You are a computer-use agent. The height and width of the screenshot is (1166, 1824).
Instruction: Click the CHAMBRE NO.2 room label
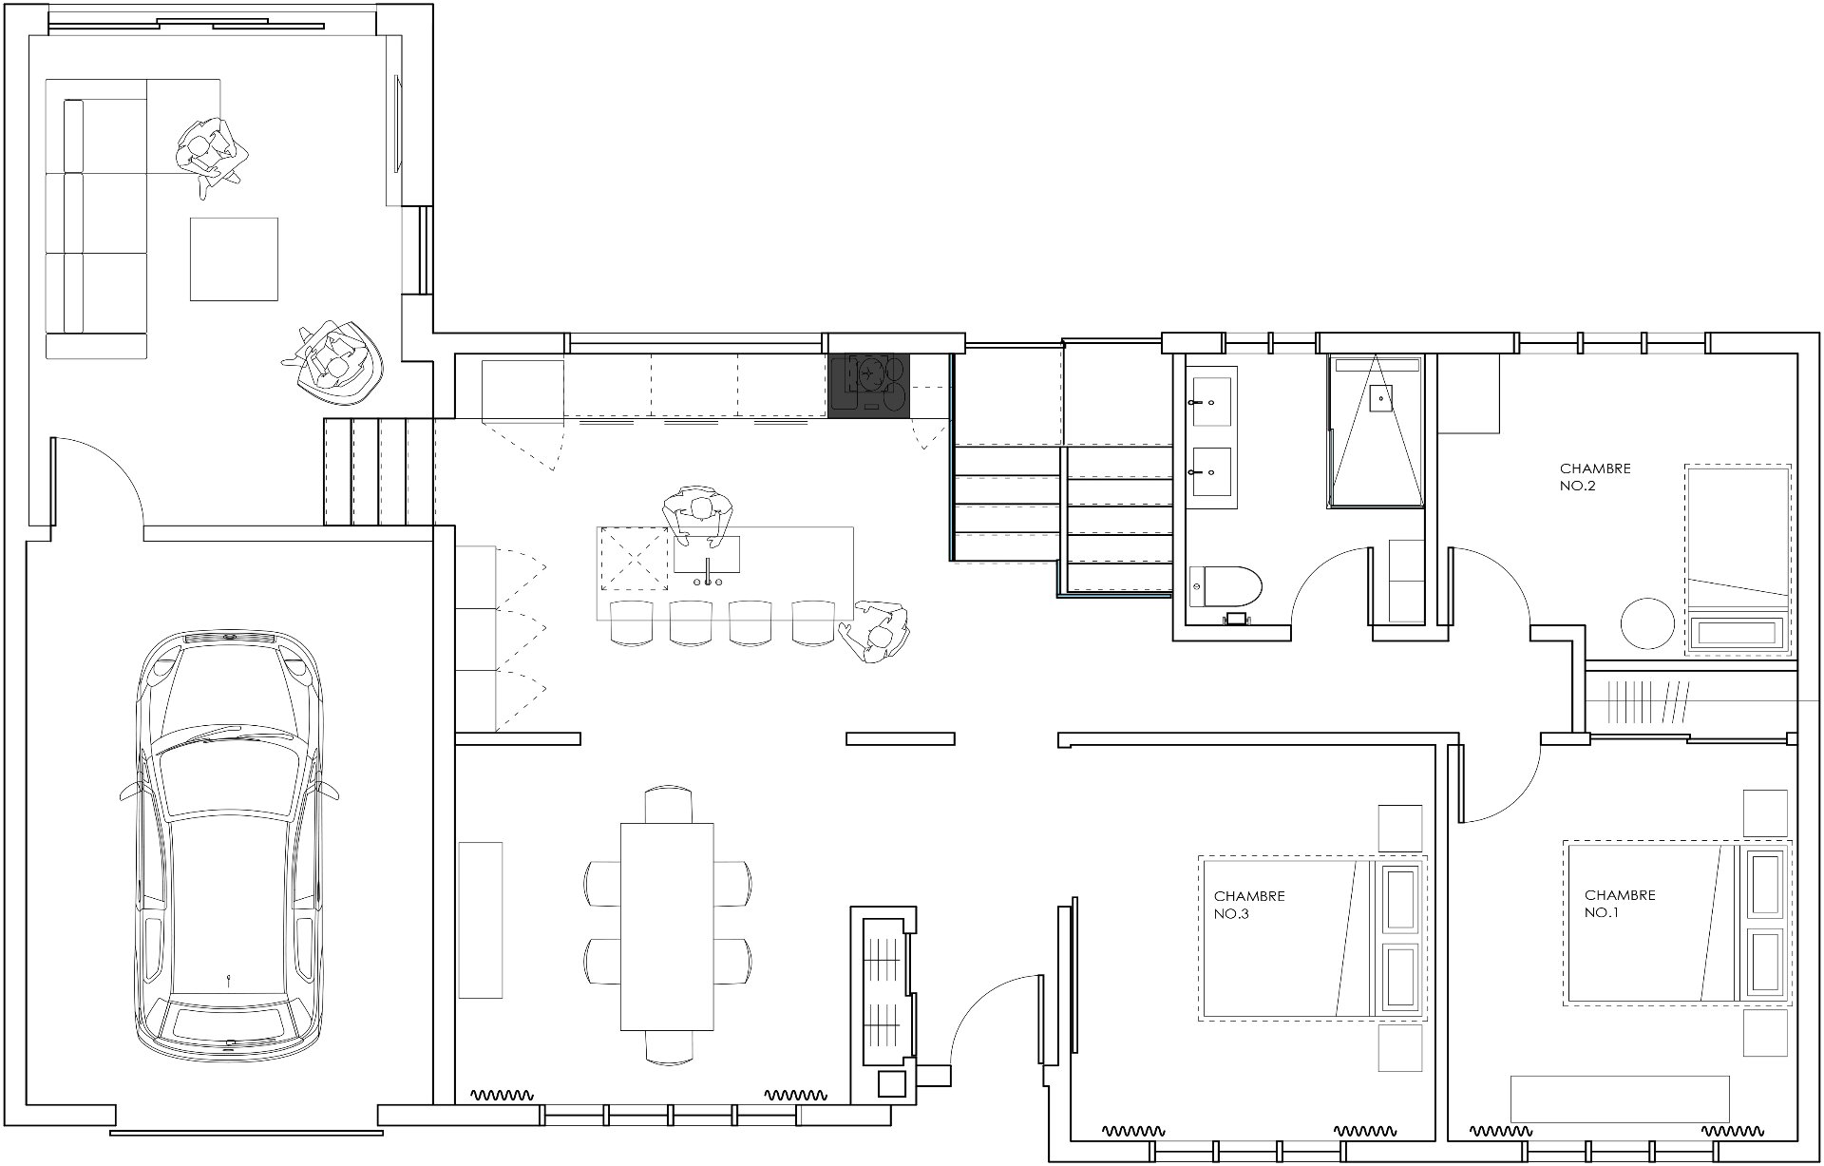pos(1595,476)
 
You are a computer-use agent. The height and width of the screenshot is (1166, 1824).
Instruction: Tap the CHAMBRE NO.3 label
pos(1249,905)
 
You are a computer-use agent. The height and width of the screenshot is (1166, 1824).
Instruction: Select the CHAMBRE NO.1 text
pos(1620,904)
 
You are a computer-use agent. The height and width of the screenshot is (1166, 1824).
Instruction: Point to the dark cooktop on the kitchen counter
pos(870,385)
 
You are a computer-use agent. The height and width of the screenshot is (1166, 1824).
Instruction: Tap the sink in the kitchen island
pos(707,555)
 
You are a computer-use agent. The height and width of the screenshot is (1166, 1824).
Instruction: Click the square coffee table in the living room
pos(234,258)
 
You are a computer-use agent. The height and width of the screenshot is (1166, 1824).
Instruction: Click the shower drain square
pos(1380,396)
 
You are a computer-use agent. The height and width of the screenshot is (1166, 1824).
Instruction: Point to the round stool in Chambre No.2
pos(1647,624)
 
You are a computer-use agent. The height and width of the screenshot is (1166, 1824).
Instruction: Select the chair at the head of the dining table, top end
pos(668,804)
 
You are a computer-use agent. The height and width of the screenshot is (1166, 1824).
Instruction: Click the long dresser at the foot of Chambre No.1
pos(1619,1099)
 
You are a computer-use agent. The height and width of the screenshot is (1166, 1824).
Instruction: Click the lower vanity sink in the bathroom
pos(1211,472)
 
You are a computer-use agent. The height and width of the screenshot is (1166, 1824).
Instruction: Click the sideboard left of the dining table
pos(480,920)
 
